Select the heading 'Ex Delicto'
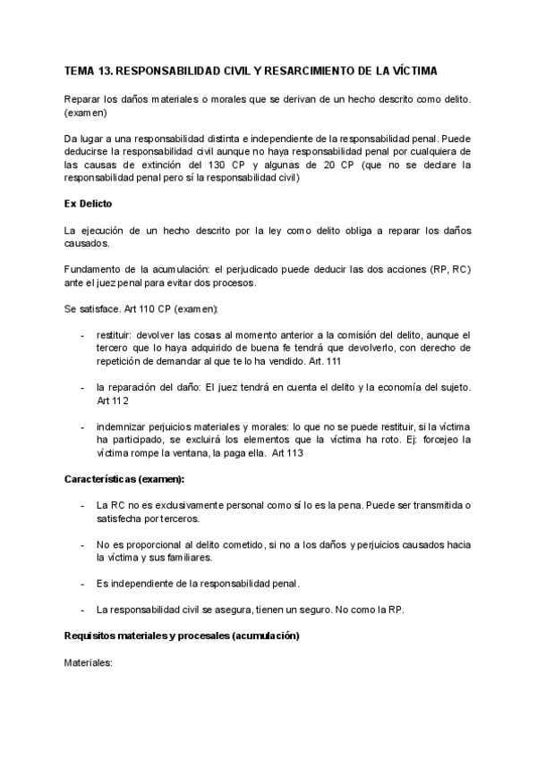[x=89, y=205]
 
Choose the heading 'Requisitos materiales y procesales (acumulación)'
[x=182, y=636]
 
